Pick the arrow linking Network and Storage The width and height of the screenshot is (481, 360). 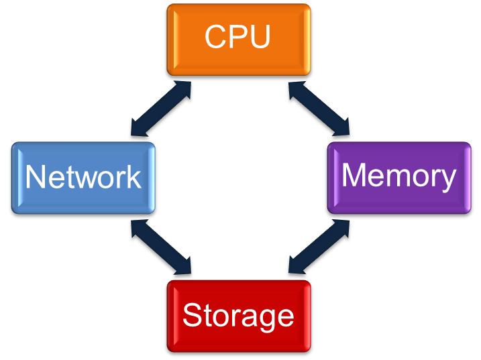point(162,247)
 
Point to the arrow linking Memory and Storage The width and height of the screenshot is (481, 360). point(319,247)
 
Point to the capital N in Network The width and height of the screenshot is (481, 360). point(36,177)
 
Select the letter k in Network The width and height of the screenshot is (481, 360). point(133,177)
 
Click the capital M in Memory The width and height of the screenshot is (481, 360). point(355,176)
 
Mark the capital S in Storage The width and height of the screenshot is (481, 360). point(193,315)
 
